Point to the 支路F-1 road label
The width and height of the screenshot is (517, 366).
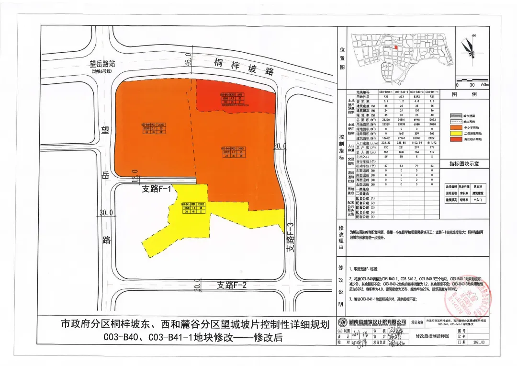click(157, 189)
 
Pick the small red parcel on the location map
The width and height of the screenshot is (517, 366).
click(396, 47)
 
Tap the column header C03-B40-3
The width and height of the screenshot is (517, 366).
click(416, 91)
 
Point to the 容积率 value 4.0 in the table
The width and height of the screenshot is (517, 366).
click(416, 101)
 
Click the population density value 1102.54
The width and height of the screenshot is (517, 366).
click(416, 142)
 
